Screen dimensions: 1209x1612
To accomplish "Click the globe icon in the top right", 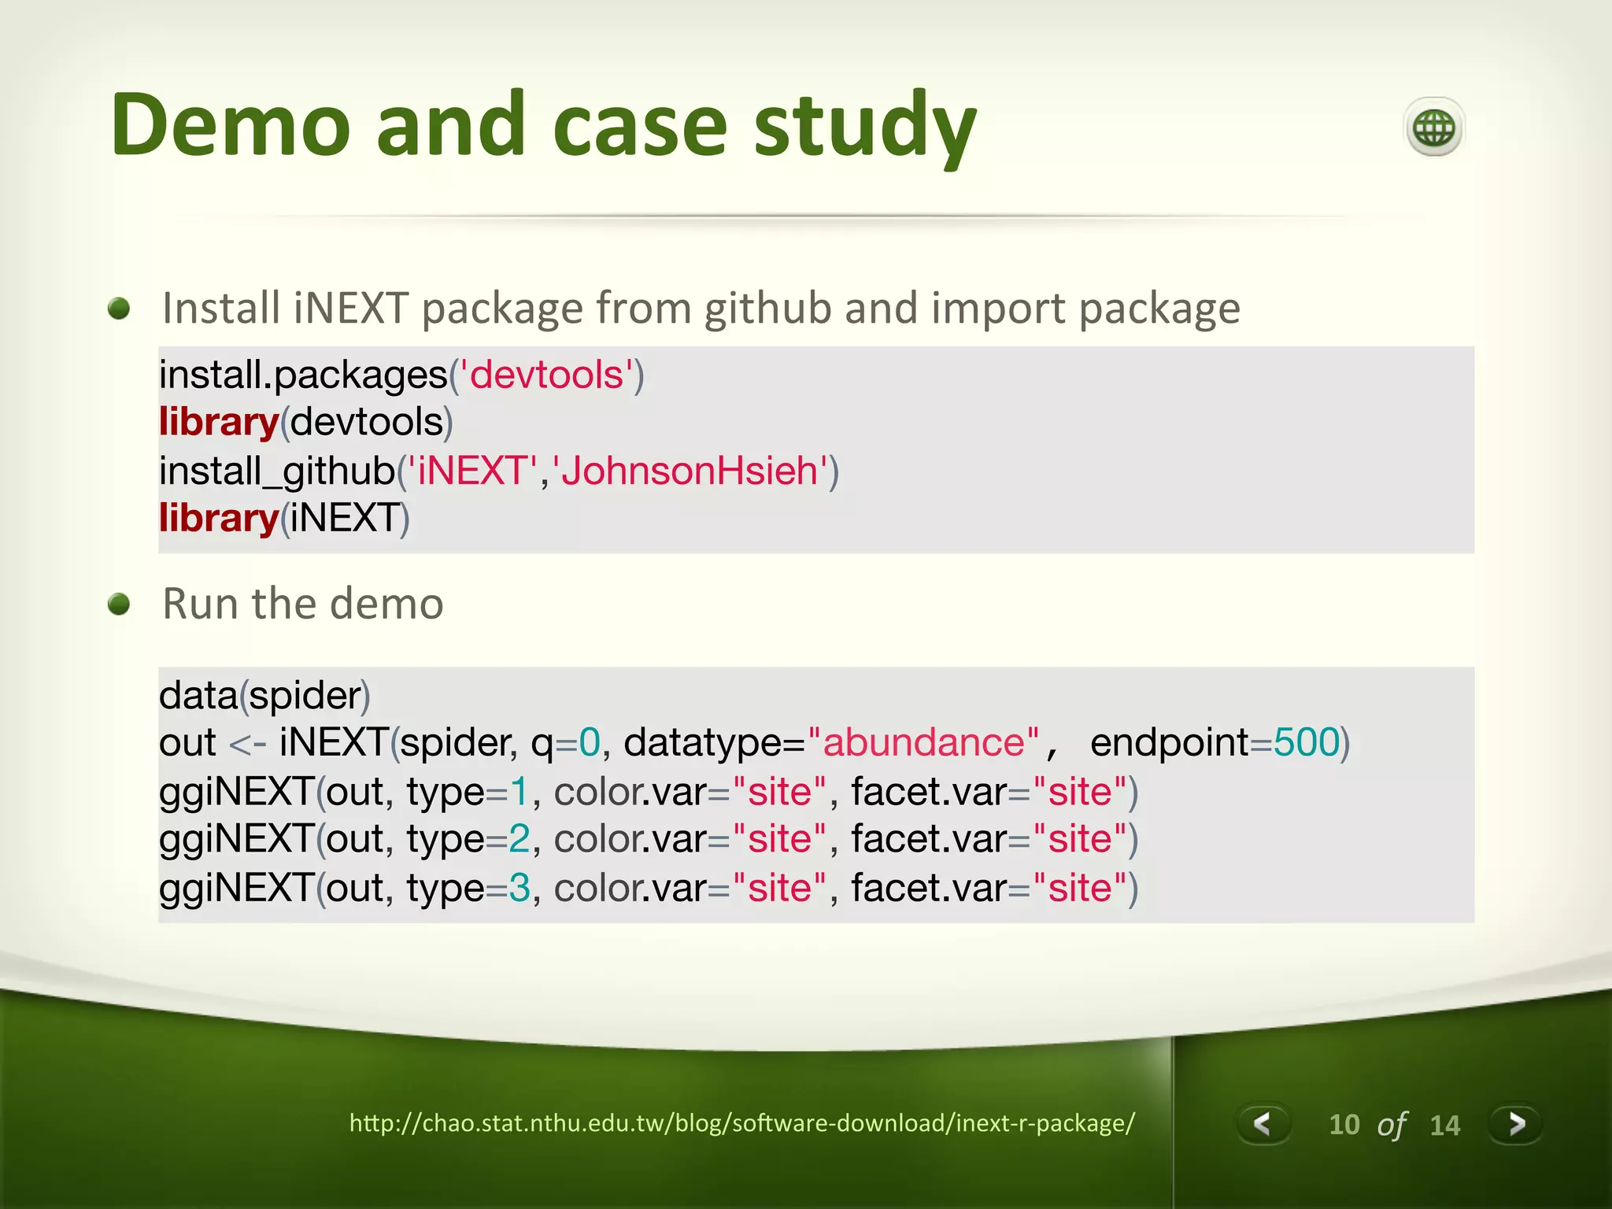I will click(1433, 128).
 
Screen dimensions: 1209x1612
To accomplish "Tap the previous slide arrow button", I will click(1263, 1123).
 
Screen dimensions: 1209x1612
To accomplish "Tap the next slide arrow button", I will click(1516, 1123).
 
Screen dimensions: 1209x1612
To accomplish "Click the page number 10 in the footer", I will click(1344, 1125).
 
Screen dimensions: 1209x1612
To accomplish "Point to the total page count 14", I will click(1444, 1126).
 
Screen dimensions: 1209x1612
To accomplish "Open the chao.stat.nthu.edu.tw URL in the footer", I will click(741, 1122).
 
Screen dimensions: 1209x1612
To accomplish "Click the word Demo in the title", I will click(230, 126).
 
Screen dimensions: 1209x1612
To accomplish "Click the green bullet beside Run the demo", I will click(119, 604).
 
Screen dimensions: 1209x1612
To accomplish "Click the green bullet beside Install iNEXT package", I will click(119, 308).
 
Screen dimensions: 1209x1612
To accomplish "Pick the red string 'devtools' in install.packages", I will click(547, 375).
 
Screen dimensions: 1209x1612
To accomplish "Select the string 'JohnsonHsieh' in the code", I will click(690, 471).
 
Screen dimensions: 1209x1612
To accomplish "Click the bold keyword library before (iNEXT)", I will click(219, 519).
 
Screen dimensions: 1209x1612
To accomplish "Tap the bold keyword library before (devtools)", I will click(219, 423).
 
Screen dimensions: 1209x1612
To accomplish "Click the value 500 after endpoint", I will click(1307, 742).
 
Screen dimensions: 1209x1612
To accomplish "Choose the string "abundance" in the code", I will click(922, 742).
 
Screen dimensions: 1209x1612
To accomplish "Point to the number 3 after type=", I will click(519, 889).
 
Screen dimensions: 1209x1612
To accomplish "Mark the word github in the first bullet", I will click(767, 309).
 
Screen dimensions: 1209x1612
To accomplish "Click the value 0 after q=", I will click(590, 742).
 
